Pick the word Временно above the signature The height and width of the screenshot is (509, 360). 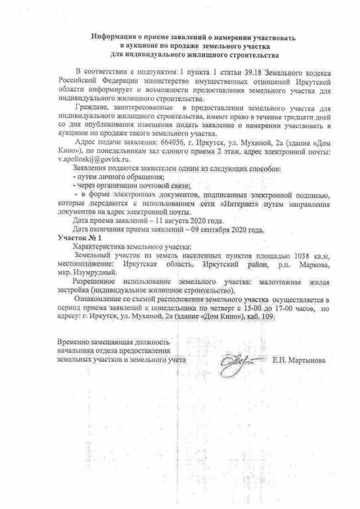coord(75,341)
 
